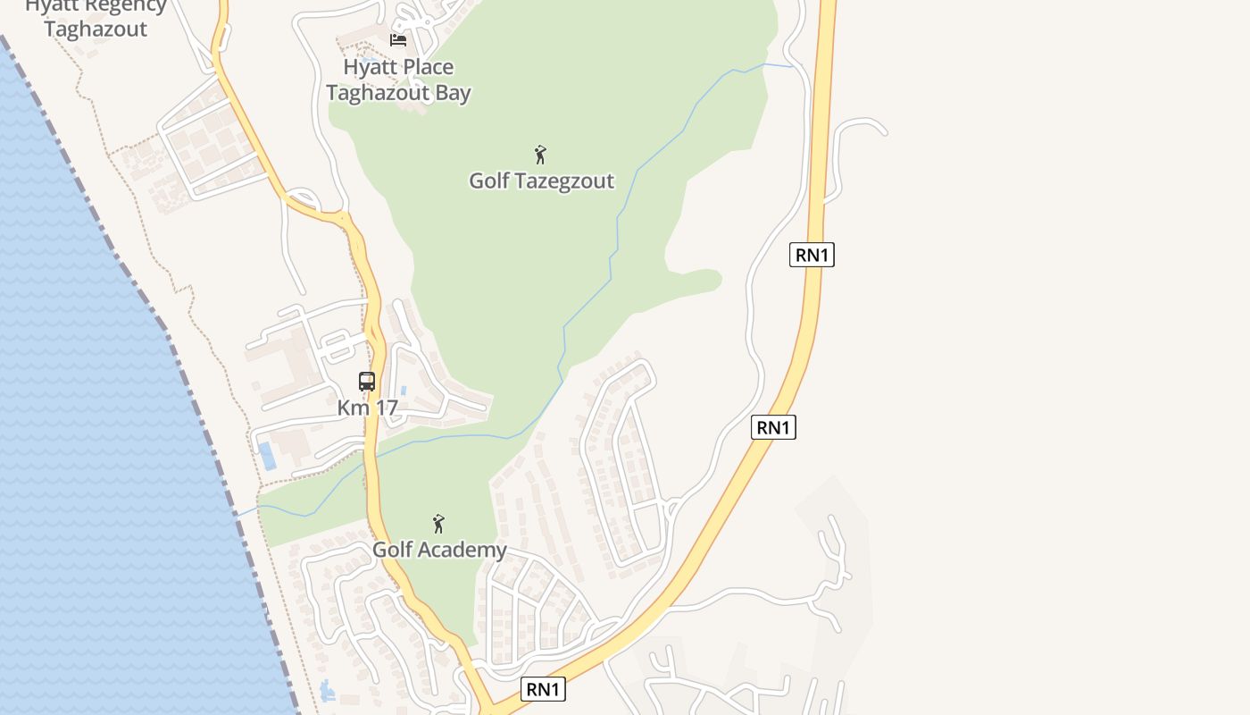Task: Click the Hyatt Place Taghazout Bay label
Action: pyautogui.click(x=398, y=80)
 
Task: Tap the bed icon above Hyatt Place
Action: pyautogui.click(x=398, y=39)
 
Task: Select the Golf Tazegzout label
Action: pyautogui.click(x=541, y=181)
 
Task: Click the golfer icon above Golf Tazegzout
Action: pyautogui.click(x=540, y=155)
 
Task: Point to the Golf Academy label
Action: pyautogui.click(x=439, y=550)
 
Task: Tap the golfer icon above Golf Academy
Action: pyautogui.click(x=438, y=524)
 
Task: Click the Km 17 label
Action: pyautogui.click(x=367, y=408)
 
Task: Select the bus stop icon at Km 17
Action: pyautogui.click(x=367, y=382)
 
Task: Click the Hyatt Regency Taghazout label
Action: pyautogui.click(x=96, y=17)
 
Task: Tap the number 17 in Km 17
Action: pyautogui.click(x=385, y=408)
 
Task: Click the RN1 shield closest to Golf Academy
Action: pyautogui.click(x=543, y=689)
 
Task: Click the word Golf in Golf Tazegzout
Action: pyautogui.click(x=489, y=181)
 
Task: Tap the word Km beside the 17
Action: pyautogui.click(x=353, y=408)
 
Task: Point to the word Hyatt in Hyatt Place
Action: pyautogui.click(x=368, y=67)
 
